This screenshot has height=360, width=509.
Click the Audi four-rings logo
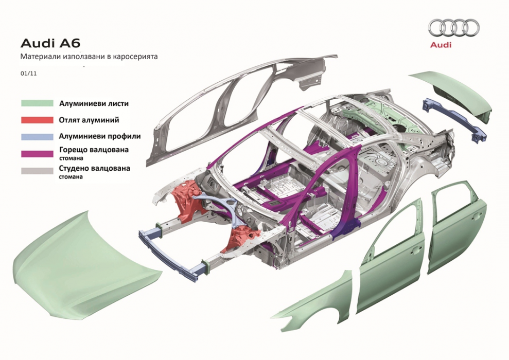(x=453, y=28)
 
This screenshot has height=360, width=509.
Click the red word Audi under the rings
(x=441, y=45)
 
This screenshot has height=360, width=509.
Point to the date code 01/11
(x=28, y=74)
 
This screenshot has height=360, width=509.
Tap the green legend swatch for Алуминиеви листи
(x=37, y=103)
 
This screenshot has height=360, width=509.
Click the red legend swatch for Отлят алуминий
(x=37, y=120)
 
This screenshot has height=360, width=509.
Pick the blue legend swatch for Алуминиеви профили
(x=37, y=136)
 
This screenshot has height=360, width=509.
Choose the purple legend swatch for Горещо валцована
(x=37, y=153)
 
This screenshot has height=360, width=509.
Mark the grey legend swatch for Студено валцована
(x=37, y=170)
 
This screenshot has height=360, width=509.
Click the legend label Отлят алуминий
(x=89, y=120)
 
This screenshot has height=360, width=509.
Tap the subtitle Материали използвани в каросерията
(x=89, y=57)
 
